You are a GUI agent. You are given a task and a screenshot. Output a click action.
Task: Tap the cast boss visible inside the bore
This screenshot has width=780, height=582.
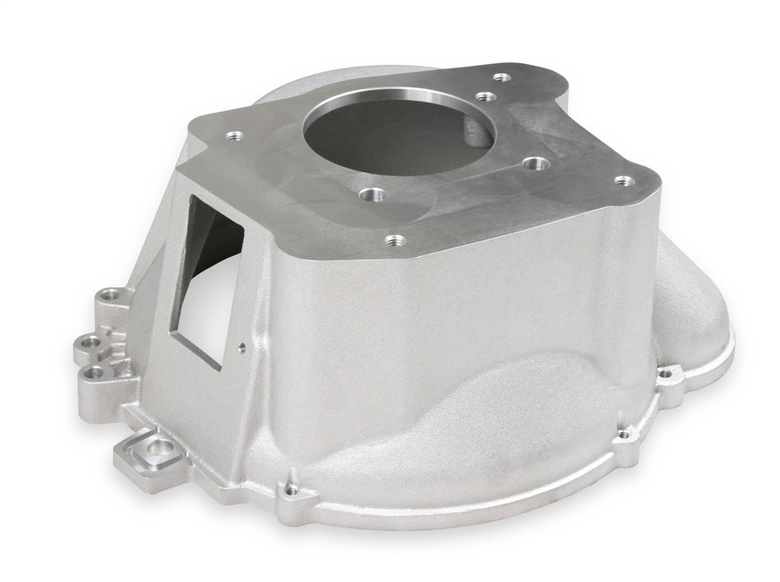(476, 132)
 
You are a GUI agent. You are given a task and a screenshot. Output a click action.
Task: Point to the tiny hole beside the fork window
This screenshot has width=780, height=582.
(240, 348)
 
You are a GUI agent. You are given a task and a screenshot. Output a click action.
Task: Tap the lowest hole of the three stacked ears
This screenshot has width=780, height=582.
(97, 372)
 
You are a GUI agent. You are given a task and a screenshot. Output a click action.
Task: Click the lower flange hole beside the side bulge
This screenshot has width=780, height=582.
(620, 432)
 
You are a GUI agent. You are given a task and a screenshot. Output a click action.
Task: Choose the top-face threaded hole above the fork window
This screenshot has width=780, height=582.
(233, 132)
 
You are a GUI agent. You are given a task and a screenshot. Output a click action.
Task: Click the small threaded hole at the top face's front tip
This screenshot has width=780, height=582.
(396, 240)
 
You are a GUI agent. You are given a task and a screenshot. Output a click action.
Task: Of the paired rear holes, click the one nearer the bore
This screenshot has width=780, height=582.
(484, 96)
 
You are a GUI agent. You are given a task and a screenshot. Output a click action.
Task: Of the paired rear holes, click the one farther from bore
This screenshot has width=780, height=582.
(501, 77)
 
